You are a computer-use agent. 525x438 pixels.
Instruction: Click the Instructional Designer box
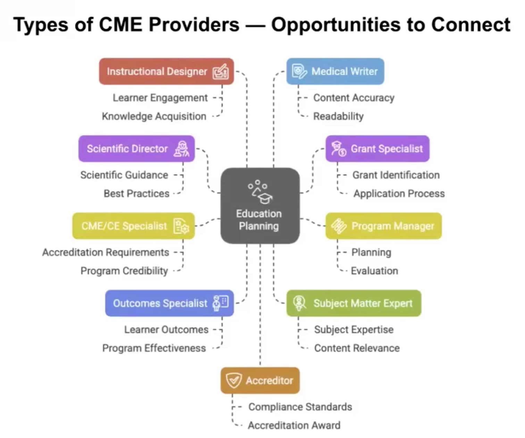[x=166, y=71]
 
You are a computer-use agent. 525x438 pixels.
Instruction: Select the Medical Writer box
[x=335, y=71]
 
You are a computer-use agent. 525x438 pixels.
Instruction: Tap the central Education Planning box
[x=260, y=206]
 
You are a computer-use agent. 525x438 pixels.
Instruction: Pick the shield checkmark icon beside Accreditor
[x=233, y=380]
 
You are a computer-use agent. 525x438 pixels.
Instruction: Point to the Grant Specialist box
[x=377, y=149]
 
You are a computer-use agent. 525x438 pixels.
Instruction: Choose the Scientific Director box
[x=136, y=149]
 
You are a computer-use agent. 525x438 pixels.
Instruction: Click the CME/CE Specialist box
[x=133, y=226]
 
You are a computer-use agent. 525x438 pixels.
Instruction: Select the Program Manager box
[x=383, y=226]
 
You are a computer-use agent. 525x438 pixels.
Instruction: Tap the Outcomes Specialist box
[x=169, y=303]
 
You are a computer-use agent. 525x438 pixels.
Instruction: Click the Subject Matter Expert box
[x=353, y=303]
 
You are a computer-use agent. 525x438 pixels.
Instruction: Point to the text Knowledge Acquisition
[x=154, y=116]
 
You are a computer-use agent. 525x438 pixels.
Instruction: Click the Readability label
[x=338, y=116]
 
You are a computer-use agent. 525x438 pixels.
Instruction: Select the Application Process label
[x=399, y=194]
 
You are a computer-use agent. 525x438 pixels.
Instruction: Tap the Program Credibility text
[x=124, y=271]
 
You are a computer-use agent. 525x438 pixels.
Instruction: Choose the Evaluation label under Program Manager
[x=374, y=271]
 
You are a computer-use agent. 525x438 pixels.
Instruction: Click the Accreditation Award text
[x=294, y=425]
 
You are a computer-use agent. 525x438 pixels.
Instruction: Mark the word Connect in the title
[x=470, y=25]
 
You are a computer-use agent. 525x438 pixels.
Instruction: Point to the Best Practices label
[x=136, y=194]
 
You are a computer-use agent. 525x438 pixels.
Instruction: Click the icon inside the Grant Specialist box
[x=338, y=149]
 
